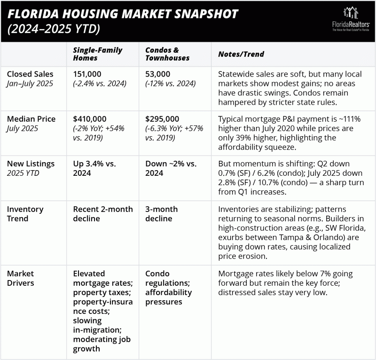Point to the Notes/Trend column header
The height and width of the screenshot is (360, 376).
point(241,54)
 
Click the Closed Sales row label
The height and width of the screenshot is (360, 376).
point(30,74)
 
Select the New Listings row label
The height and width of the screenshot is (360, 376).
point(31,163)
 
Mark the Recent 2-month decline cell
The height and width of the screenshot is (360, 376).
point(102,213)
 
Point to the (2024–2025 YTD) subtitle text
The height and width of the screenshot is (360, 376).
point(52,29)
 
